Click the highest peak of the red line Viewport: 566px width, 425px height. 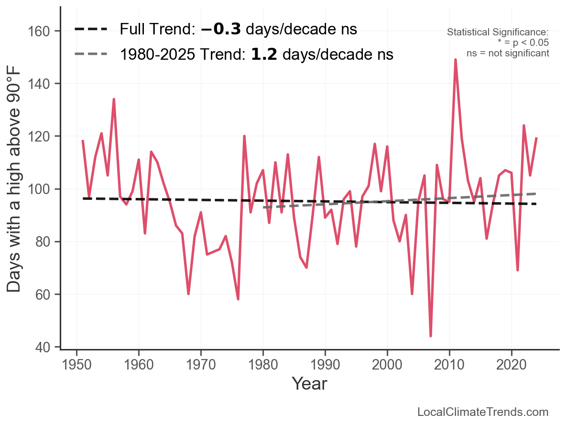coord(455,60)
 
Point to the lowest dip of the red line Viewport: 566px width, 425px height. coord(431,336)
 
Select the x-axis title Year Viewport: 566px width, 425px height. coord(309,383)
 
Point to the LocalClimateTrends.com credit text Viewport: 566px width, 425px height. coord(483,412)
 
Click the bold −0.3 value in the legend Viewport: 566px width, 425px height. coord(221,29)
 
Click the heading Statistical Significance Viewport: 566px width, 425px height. coord(497,33)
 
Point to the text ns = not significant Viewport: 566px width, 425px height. coord(507,53)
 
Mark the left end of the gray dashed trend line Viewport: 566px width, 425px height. coord(263,207)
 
